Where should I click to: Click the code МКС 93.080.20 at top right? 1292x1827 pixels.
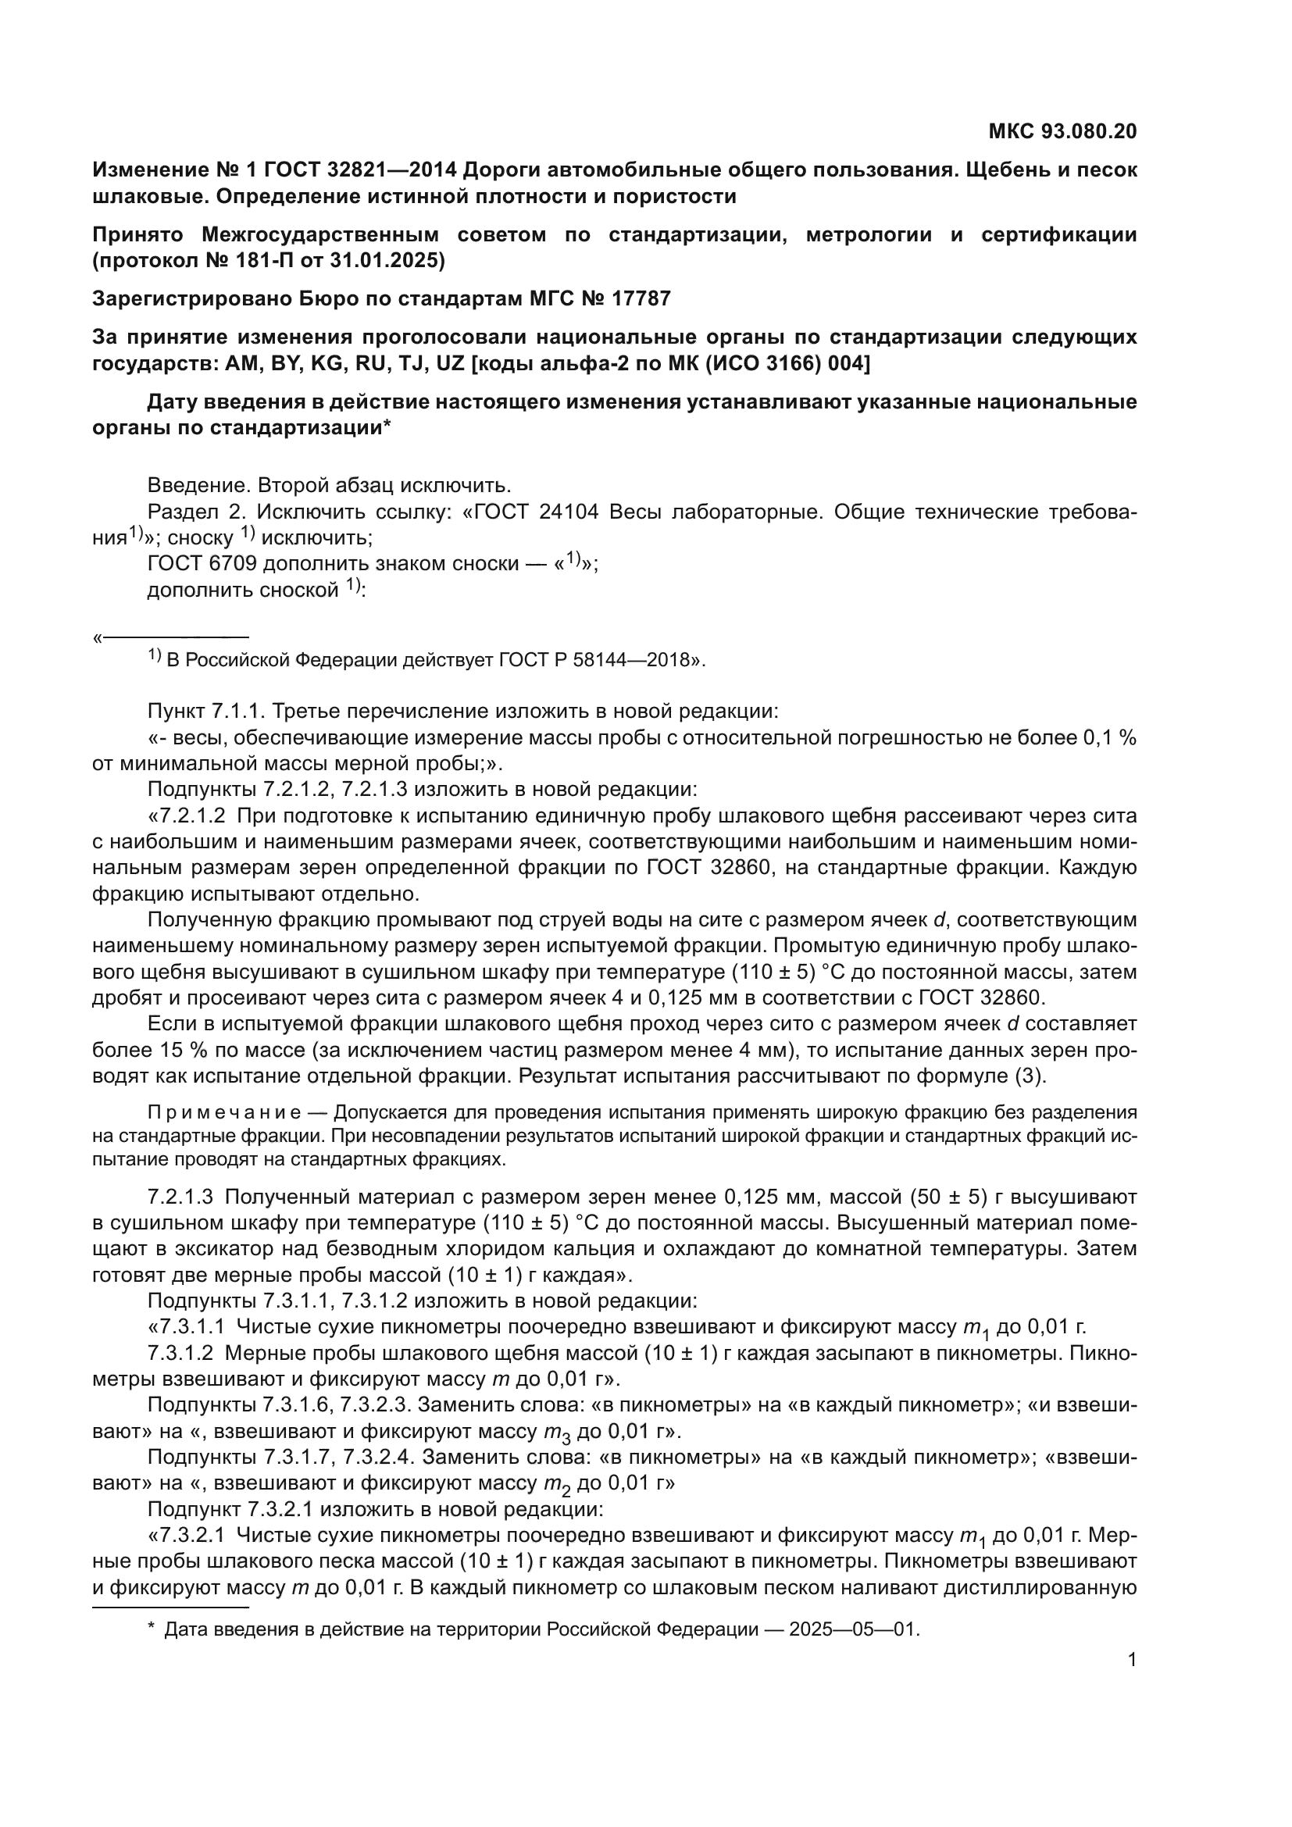point(1062,131)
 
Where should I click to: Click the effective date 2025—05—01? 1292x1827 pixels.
point(854,1629)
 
